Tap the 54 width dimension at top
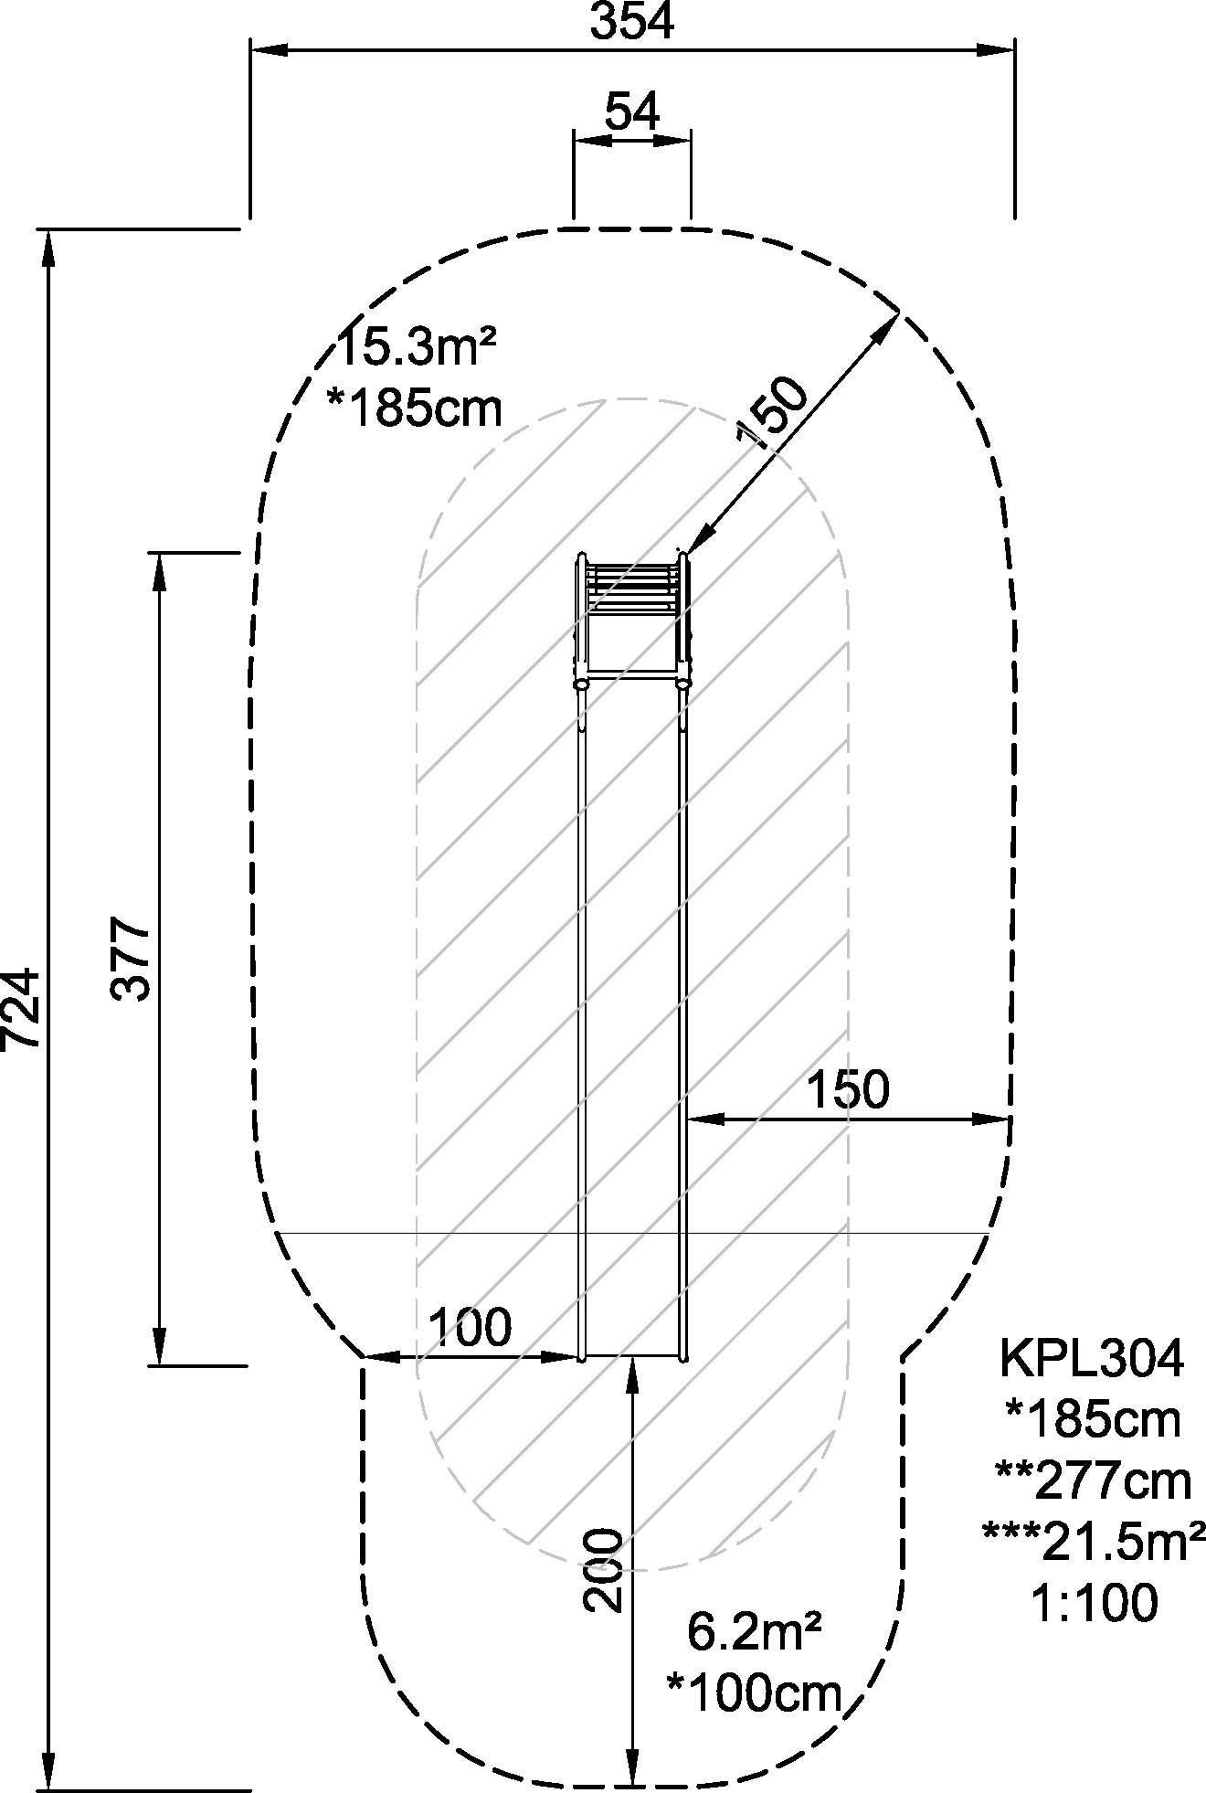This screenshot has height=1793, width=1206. [631, 112]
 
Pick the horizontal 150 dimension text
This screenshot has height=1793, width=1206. [848, 1088]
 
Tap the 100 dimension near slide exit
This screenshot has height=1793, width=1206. [470, 1328]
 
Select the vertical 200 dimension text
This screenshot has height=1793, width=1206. [604, 1570]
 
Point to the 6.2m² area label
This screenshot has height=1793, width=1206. [754, 1632]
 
